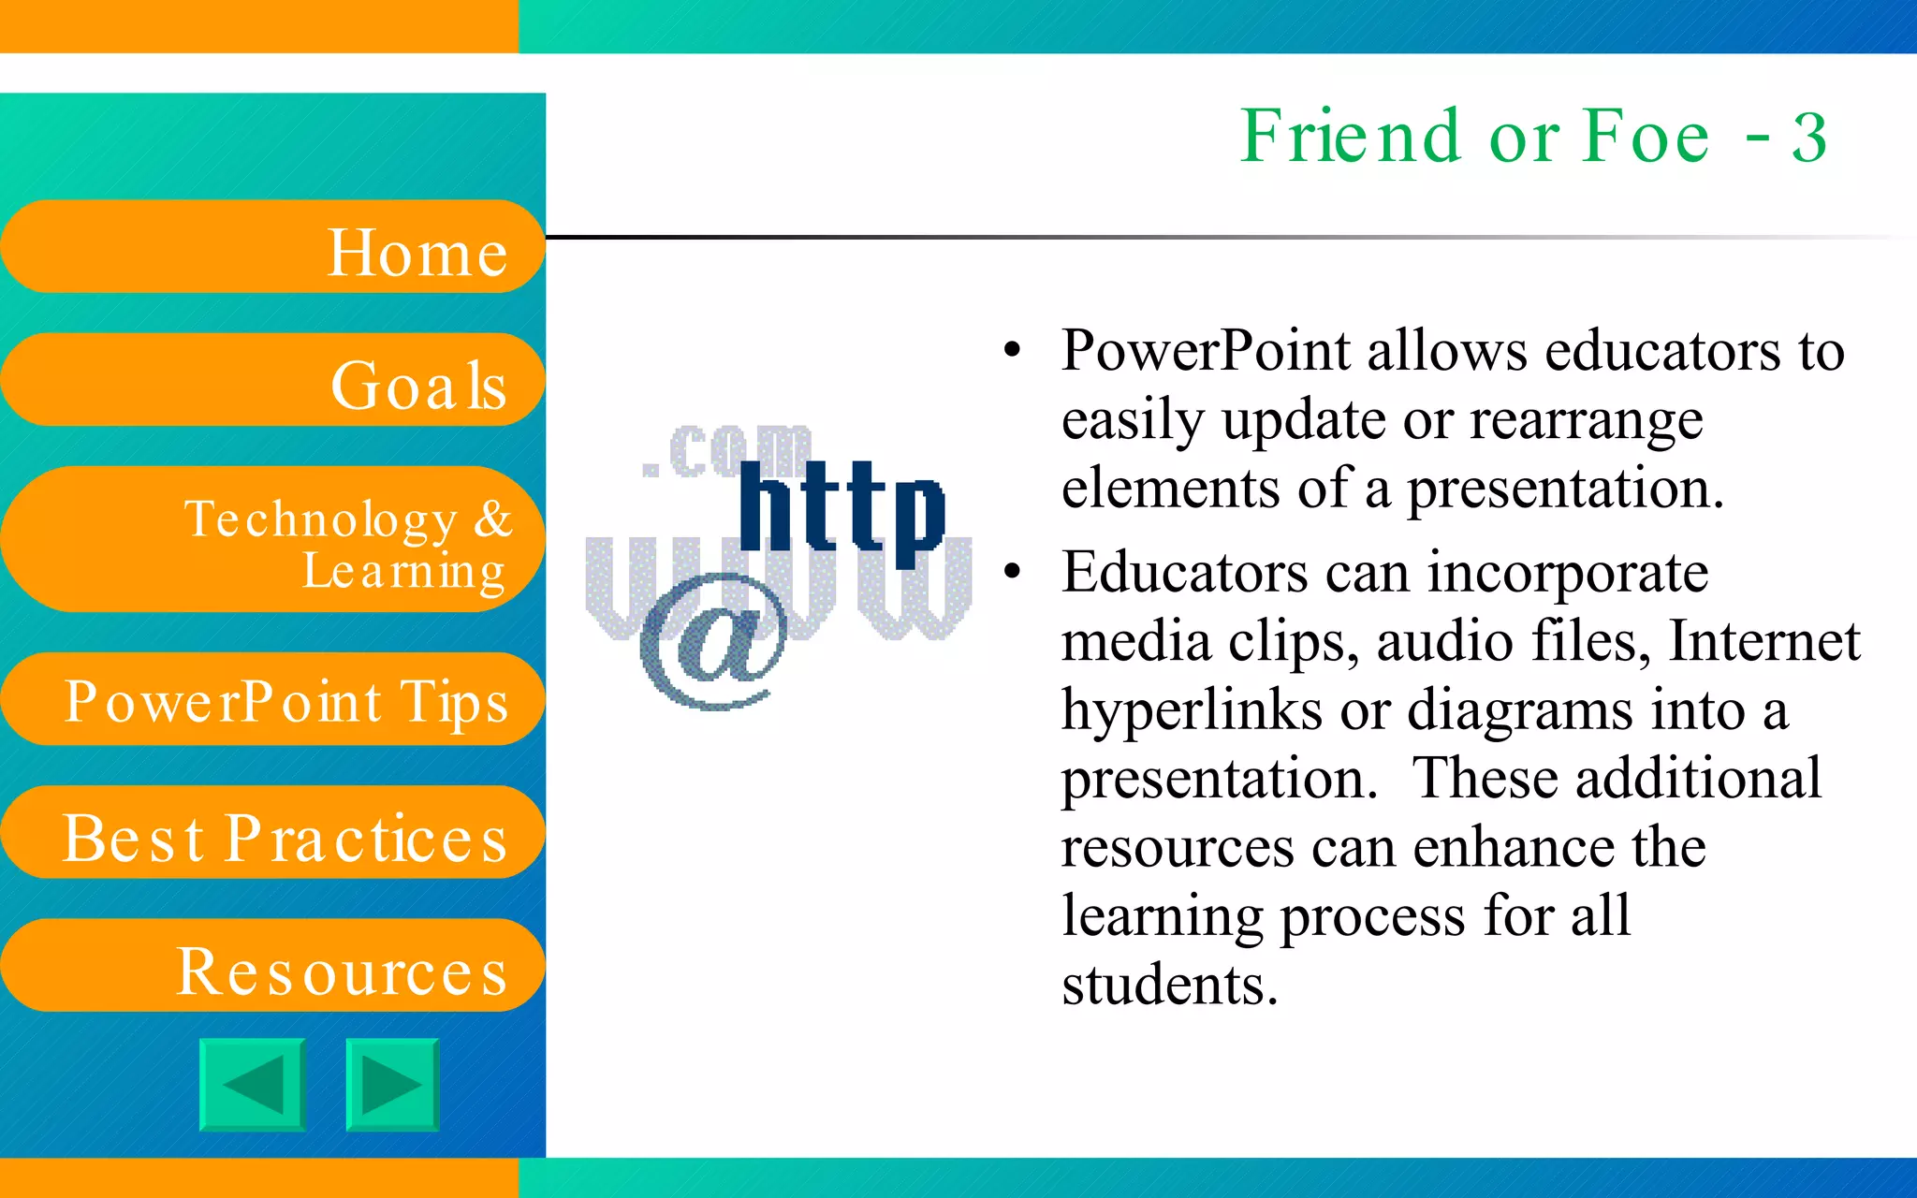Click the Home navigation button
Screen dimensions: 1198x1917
tap(271, 247)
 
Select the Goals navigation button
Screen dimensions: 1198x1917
tap(271, 380)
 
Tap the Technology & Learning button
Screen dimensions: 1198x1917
tap(271, 540)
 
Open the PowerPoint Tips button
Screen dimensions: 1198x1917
tap(271, 700)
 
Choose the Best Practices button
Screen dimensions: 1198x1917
tap(271, 833)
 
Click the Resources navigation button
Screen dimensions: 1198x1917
tap(271, 966)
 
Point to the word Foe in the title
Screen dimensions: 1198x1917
tap(1646, 137)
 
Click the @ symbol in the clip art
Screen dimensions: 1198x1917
tap(713, 642)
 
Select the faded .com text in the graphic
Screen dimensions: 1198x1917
tap(726, 452)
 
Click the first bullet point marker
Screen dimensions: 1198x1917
tap(1011, 351)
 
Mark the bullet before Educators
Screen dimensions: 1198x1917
tap(1011, 572)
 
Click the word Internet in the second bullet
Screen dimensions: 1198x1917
tap(1764, 642)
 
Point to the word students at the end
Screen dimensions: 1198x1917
tap(1169, 985)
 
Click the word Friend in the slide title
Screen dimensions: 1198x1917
tap(1350, 137)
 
